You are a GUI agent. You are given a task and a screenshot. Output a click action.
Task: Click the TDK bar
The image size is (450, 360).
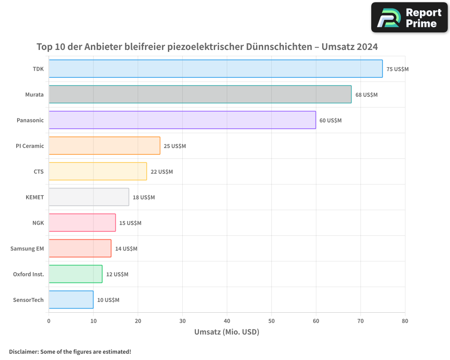pos(216,69)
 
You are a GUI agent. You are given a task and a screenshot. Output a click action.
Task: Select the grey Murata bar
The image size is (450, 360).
pos(200,94)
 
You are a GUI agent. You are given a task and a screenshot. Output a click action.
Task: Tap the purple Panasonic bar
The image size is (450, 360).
pos(182,120)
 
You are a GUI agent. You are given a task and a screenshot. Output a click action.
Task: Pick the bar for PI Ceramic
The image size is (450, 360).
pos(104,146)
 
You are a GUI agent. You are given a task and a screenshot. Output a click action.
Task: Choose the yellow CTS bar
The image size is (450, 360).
pos(98,171)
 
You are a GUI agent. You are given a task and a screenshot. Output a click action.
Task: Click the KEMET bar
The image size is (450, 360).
pos(89,197)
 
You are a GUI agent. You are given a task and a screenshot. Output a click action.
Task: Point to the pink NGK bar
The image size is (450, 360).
pos(82,223)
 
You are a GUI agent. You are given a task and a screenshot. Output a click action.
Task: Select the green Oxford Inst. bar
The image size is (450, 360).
pos(75,274)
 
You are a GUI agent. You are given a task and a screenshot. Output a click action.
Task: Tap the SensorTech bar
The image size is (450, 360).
pos(71,300)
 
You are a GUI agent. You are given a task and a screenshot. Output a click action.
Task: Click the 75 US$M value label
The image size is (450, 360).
pos(397,69)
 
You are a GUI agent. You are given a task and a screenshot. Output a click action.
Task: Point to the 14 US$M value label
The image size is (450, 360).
pos(126,249)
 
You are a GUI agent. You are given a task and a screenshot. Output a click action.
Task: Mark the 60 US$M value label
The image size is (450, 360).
pos(330,121)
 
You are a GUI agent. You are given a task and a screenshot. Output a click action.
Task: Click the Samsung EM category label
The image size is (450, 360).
pos(27,248)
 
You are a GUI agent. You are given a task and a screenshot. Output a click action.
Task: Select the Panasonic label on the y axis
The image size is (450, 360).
pos(30,120)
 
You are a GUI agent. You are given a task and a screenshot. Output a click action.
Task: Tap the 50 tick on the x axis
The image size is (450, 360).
pos(271,321)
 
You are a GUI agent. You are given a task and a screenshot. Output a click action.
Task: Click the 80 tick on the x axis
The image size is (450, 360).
pos(405,321)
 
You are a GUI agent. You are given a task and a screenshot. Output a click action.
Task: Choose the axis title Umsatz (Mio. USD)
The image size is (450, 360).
pos(227,332)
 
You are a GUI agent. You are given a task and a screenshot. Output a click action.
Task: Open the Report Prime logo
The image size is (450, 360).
pos(409,18)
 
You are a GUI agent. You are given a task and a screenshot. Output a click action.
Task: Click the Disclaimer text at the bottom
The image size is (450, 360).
pos(70,351)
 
